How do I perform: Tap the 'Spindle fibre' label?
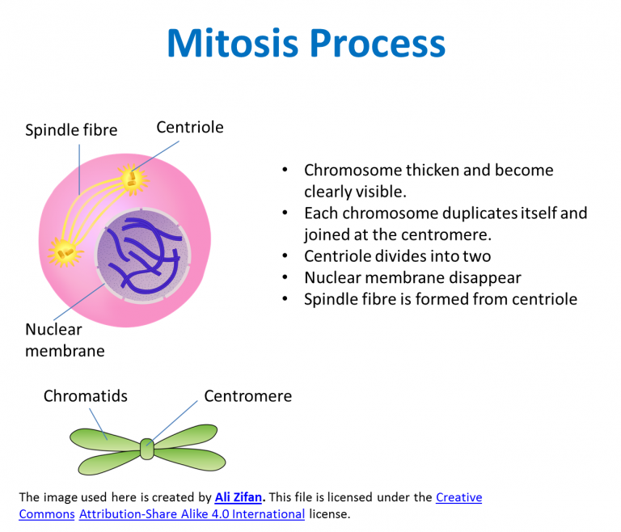(71, 130)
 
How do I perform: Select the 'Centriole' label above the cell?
(189, 128)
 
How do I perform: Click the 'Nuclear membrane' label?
(65, 340)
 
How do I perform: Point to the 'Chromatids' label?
(85, 396)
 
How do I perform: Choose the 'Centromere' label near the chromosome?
(247, 396)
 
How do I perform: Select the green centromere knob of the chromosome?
(146, 448)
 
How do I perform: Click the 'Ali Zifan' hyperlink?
(239, 497)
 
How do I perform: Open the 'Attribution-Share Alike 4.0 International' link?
(192, 513)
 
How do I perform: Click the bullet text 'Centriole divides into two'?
(397, 256)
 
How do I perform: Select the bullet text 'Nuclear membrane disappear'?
(412, 277)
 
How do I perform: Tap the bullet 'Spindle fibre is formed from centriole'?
(440, 299)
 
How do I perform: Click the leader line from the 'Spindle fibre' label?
(78, 166)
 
